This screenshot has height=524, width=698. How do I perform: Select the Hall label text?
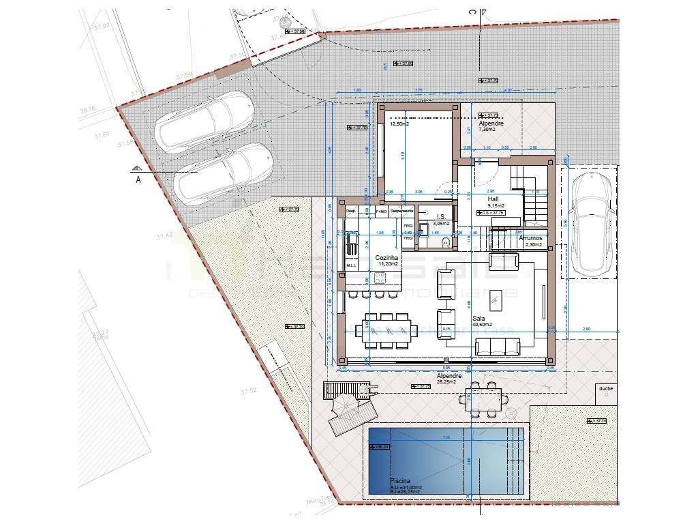(494, 199)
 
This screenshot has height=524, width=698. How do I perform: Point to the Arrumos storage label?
(530, 238)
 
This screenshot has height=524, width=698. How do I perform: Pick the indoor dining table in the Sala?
(386, 331)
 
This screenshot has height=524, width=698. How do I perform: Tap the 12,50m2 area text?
(399, 125)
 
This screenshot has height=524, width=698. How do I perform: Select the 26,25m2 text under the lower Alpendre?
(450, 382)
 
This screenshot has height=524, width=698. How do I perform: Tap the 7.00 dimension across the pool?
(446, 437)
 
